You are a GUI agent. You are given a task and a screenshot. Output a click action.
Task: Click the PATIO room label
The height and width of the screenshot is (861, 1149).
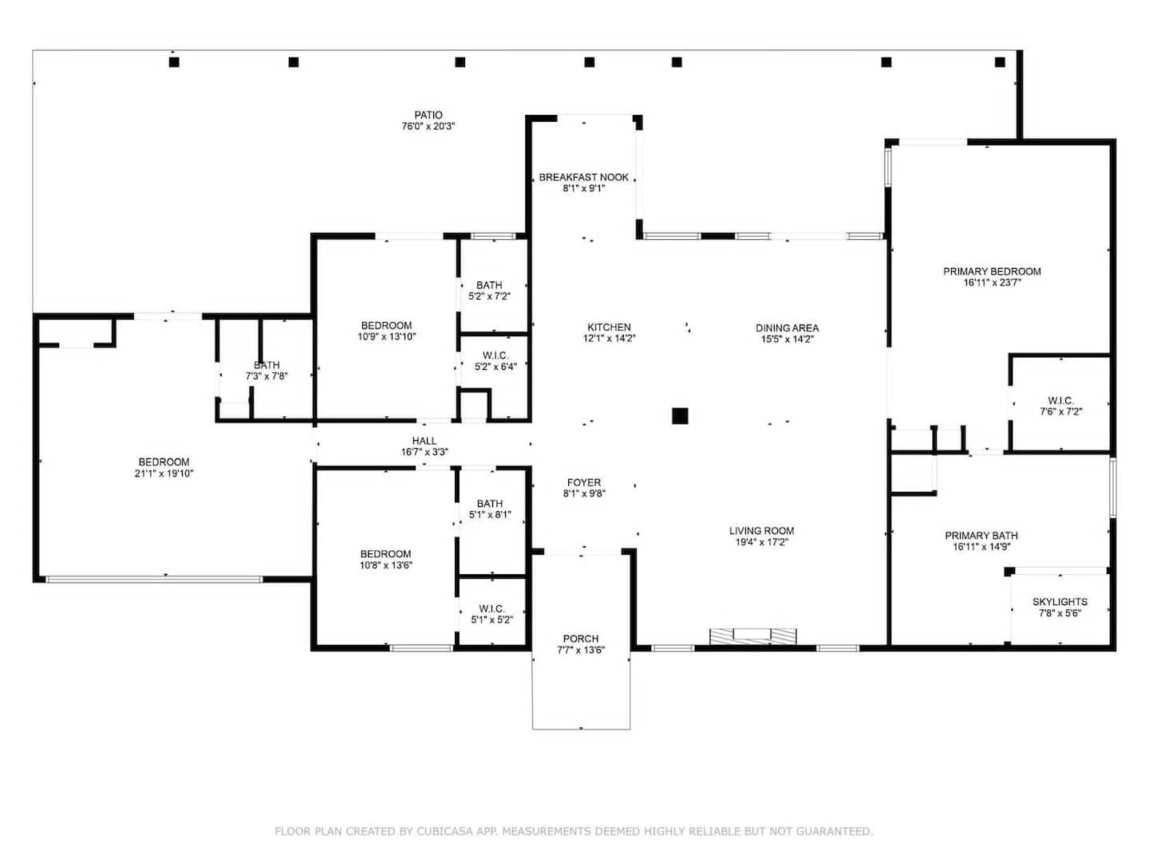click(428, 115)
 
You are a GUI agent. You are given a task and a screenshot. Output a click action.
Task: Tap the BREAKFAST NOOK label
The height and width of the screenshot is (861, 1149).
click(583, 177)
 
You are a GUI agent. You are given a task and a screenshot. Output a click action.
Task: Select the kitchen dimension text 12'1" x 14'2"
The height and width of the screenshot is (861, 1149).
click(609, 338)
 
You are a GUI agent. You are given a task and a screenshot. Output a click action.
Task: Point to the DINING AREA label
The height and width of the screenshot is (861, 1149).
click(787, 328)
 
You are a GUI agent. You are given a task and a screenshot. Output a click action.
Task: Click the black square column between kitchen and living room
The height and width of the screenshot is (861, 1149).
click(680, 415)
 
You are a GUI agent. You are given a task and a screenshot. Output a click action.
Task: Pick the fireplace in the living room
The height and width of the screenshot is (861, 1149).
click(752, 636)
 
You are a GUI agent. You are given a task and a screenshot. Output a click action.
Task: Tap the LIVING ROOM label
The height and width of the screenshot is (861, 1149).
click(761, 531)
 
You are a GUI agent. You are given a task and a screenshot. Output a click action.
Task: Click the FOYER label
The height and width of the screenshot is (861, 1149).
click(583, 482)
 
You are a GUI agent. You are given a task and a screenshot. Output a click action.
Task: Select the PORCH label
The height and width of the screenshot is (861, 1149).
click(581, 639)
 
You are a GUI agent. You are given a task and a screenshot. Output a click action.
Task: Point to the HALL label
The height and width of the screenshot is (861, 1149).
click(424, 441)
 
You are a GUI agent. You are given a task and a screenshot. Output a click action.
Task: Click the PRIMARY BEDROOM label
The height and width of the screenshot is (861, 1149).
click(992, 271)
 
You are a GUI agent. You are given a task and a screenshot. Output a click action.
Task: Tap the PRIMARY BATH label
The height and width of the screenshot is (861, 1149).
click(981, 535)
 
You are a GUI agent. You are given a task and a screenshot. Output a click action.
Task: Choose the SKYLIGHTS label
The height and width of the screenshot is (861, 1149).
click(1060, 602)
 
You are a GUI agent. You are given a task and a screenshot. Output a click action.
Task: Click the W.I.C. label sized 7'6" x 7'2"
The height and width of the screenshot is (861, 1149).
click(1060, 400)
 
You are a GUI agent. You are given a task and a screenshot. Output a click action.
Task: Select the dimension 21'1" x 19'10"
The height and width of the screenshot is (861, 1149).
click(164, 474)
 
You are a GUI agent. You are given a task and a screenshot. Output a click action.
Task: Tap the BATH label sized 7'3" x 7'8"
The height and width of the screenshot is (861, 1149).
click(267, 365)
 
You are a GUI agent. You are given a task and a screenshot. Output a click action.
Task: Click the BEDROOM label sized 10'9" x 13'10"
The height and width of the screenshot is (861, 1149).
click(386, 325)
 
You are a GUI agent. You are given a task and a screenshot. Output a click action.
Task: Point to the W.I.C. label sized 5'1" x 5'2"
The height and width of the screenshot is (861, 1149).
click(492, 608)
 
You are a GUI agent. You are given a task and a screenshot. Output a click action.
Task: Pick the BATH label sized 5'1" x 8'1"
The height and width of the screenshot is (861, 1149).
click(489, 503)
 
